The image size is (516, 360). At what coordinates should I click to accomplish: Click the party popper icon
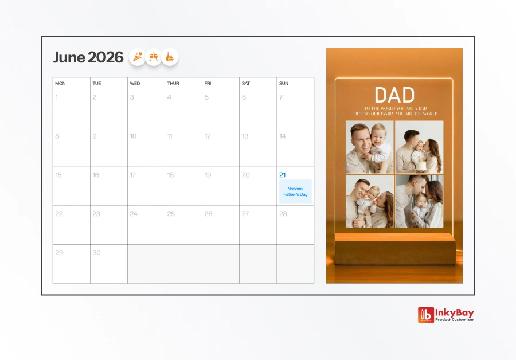[x=138, y=57]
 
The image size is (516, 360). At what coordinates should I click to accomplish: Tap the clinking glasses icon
[x=154, y=57]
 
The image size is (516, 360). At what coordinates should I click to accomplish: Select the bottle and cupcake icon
[x=170, y=57]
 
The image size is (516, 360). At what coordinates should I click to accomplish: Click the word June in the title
[x=69, y=57]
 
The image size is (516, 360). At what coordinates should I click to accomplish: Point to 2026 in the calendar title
[x=105, y=57]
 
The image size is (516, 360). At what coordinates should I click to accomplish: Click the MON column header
[x=60, y=84]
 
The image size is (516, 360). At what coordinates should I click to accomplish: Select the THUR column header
[x=173, y=84]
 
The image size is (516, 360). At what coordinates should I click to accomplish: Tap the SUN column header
[x=284, y=84]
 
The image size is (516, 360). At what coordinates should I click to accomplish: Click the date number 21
[x=283, y=175]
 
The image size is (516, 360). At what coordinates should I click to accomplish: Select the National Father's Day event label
[x=295, y=191]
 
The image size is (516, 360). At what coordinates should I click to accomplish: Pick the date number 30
[x=96, y=253]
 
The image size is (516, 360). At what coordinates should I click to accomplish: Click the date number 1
[x=57, y=97]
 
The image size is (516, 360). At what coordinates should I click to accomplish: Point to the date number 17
[x=133, y=175]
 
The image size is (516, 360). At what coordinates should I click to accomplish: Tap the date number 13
[x=245, y=136]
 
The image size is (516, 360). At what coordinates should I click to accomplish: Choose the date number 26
[x=208, y=214]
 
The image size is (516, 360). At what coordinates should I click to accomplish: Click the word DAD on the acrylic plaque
[x=394, y=95]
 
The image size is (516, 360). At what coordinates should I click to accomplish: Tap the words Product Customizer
[x=455, y=319]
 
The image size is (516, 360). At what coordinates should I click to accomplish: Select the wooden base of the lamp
[x=394, y=250]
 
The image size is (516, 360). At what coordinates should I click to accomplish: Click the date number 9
[x=95, y=136]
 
